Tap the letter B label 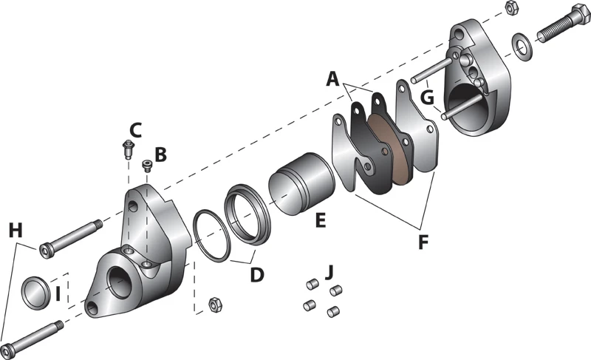pos(160,155)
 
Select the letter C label pos(134,130)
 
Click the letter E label pos(321,220)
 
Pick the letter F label pos(423,241)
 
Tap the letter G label pos(426,98)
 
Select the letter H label pos(16,231)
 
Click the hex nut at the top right pos(510,7)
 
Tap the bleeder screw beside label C pos(126,150)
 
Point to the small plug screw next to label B pos(147,166)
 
